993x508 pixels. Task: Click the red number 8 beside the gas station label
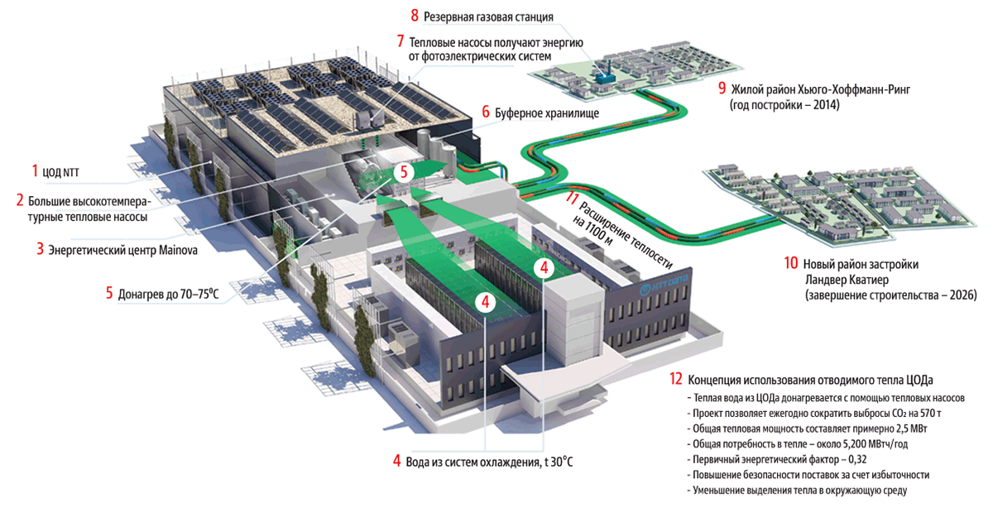coord(415,16)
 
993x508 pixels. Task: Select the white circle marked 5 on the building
coord(403,172)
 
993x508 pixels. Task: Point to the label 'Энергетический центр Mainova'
coord(122,248)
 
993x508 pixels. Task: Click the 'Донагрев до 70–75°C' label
coord(169,291)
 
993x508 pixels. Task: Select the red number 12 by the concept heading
coord(676,380)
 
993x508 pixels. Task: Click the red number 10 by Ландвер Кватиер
coord(790,264)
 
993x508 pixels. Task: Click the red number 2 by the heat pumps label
coord(19,199)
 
